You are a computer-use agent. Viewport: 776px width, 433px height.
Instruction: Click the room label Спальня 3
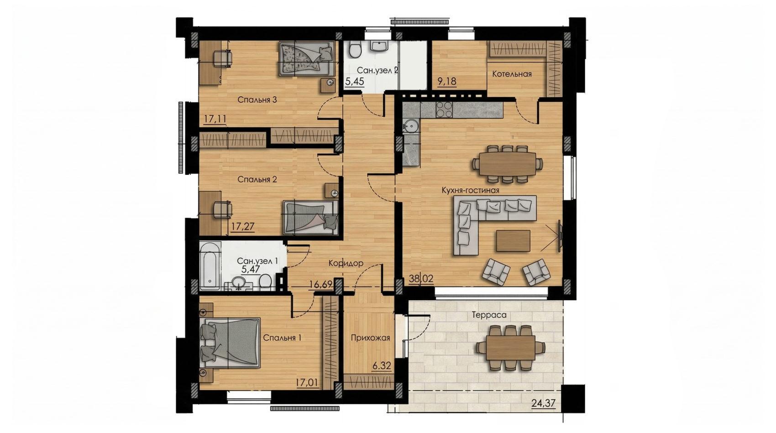pyautogui.click(x=257, y=100)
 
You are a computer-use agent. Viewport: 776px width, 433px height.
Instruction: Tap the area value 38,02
pyautogui.click(x=421, y=278)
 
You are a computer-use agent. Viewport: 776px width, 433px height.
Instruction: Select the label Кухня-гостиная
pyautogui.click(x=471, y=190)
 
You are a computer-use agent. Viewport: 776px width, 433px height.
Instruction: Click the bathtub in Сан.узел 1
pyautogui.click(x=210, y=266)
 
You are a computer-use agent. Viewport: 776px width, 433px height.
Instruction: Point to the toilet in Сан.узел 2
pyautogui.click(x=355, y=50)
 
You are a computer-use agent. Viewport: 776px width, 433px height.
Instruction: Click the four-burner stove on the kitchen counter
pyautogui.click(x=444, y=110)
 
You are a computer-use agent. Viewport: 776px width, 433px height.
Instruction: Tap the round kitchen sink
pyautogui.click(x=411, y=125)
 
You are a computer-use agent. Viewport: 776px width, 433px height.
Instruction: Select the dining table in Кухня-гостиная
pyautogui.click(x=508, y=164)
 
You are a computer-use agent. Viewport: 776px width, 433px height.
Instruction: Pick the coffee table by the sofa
pyautogui.click(x=513, y=241)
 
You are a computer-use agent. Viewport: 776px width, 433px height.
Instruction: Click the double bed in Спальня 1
pyautogui.click(x=230, y=343)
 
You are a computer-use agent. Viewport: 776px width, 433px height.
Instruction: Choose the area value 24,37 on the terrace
pyautogui.click(x=543, y=403)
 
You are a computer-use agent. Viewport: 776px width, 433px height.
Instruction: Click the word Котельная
pyautogui.click(x=512, y=74)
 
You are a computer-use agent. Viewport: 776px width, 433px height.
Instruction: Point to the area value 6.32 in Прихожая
pyautogui.click(x=382, y=366)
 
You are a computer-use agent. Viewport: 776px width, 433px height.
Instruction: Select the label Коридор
pyautogui.click(x=346, y=263)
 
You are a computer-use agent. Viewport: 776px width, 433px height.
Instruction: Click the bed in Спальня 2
pyautogui.click(x=310, y=218)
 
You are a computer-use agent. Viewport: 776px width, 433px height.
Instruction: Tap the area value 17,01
pyautogui.click(x=307, y=383)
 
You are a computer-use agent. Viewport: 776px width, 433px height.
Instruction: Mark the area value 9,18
pyautogui.click(x=447, y=81)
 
